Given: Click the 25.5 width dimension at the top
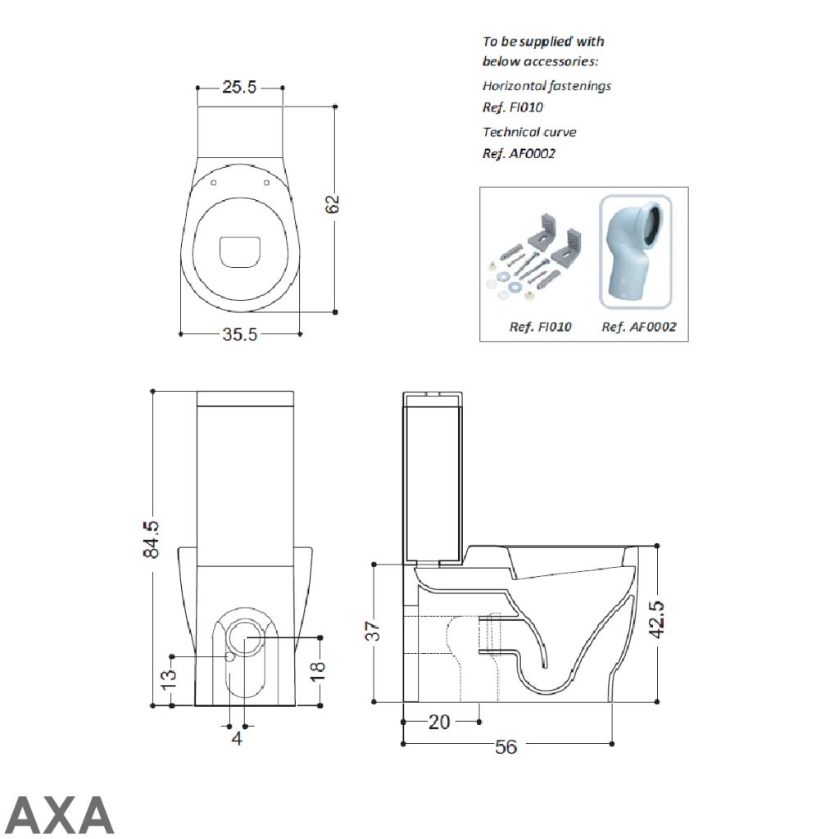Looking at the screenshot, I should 239,87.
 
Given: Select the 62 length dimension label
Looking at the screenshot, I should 333,205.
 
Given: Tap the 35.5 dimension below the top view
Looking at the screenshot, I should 240,334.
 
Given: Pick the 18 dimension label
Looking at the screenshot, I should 319,671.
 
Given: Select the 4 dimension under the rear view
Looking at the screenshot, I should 238,739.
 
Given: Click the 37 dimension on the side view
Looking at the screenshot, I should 373,630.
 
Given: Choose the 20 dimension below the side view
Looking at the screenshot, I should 440,722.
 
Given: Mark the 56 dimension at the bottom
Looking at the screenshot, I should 506,747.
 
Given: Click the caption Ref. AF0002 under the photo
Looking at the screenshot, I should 639,327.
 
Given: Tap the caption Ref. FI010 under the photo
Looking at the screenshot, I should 541,327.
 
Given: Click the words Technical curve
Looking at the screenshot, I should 529,132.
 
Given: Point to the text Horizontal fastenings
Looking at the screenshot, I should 546,86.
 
